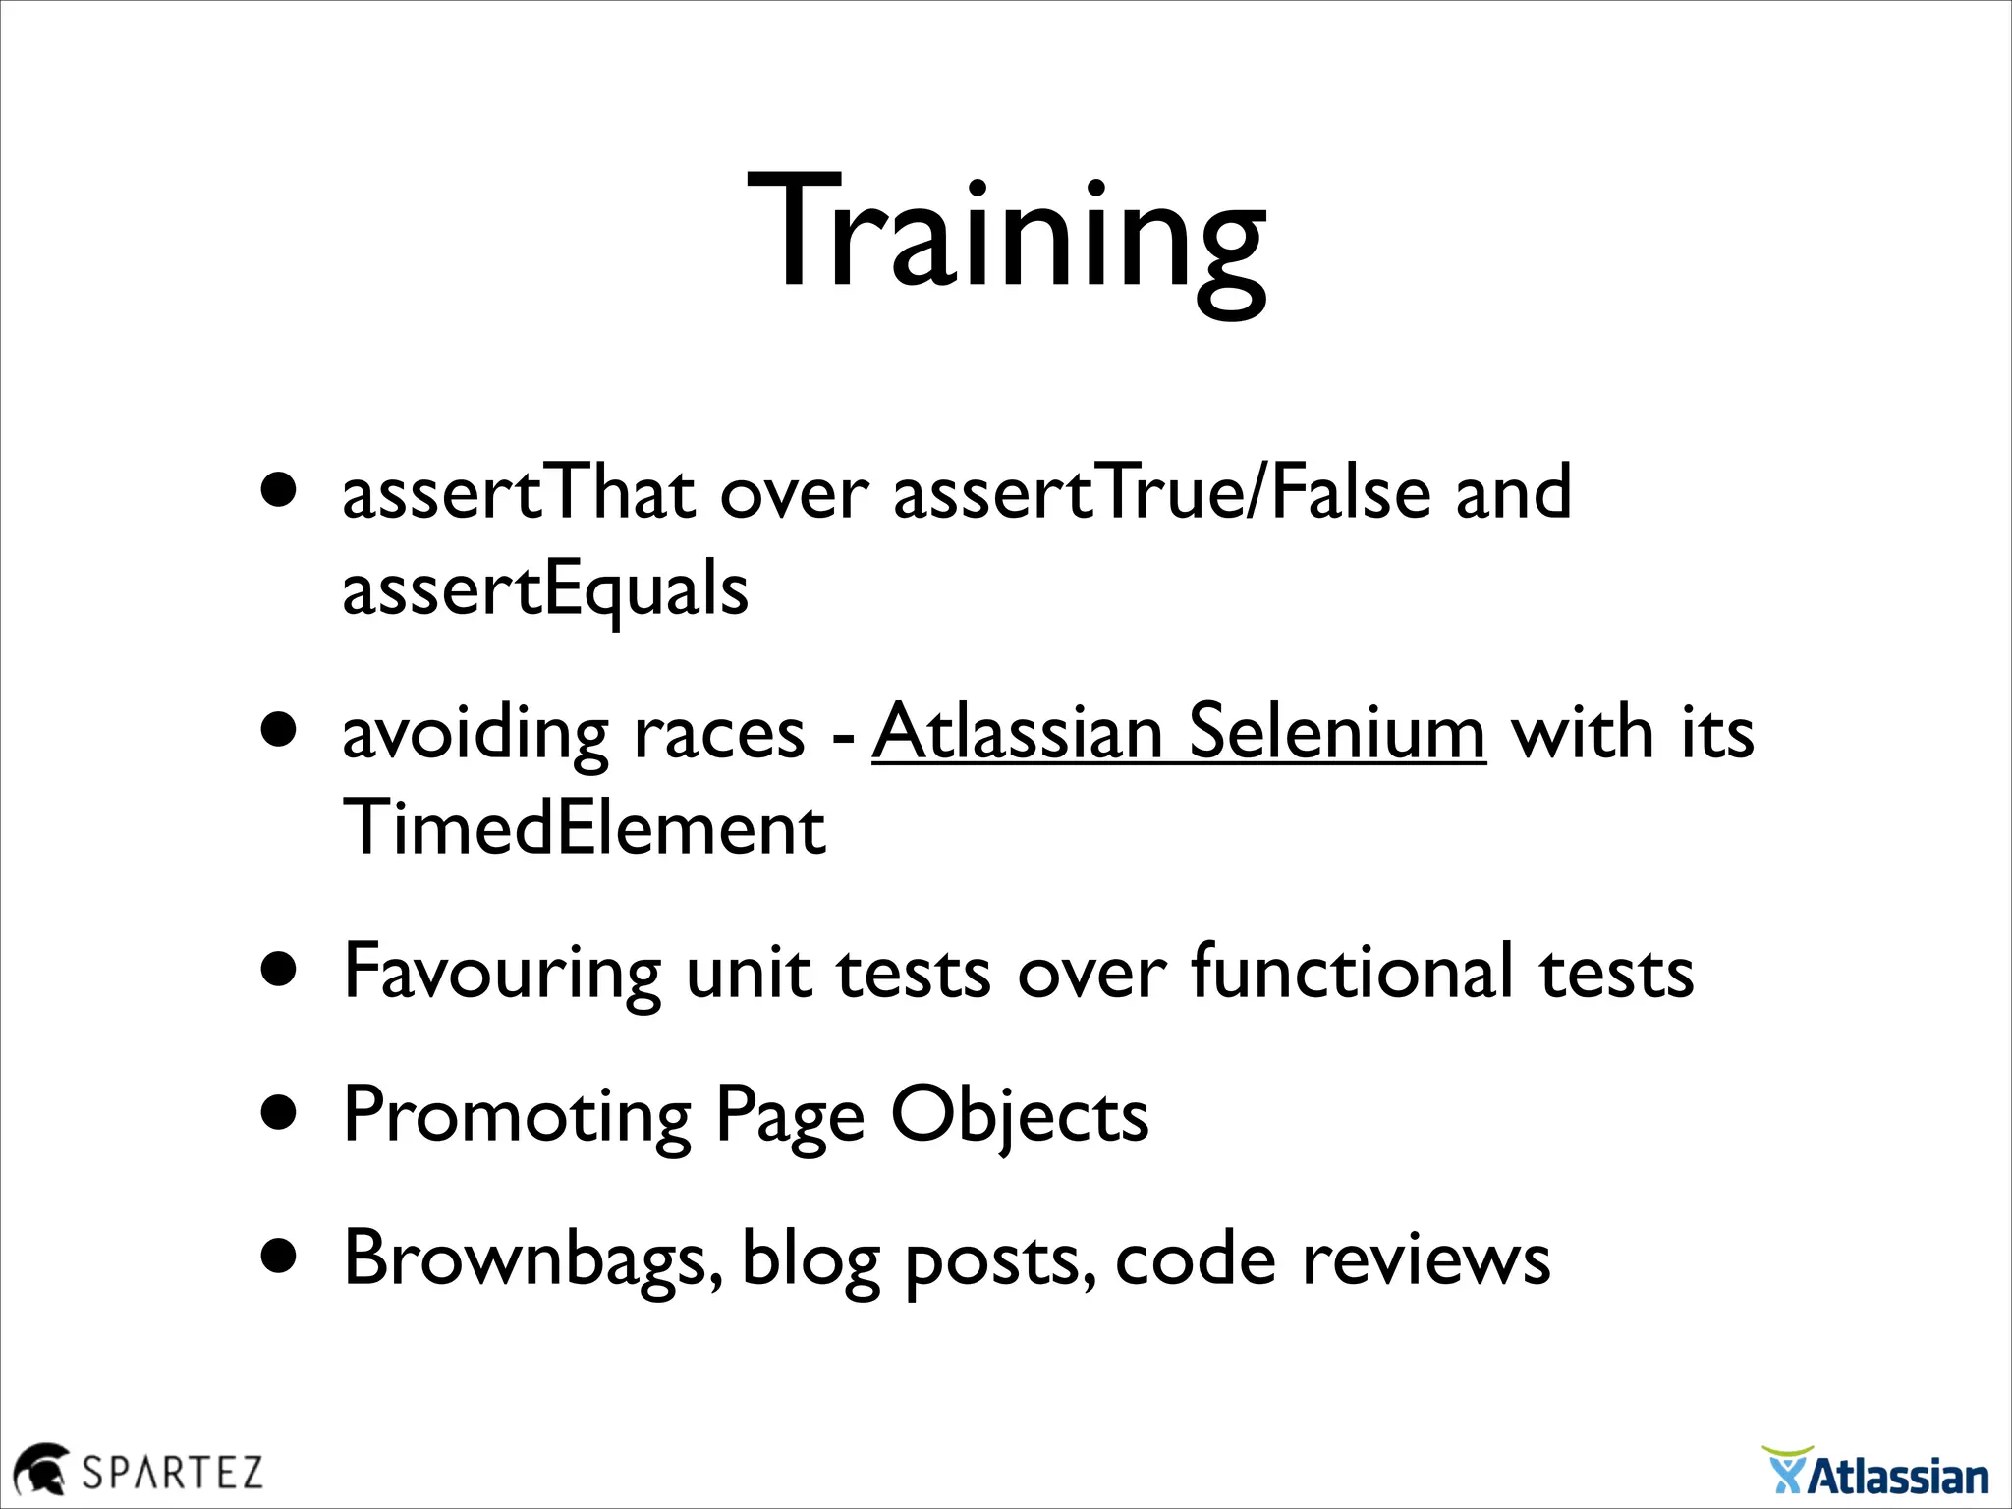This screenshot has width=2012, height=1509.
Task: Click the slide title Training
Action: [x=1006, y=236]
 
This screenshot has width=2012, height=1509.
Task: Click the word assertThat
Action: [x=519, y=493]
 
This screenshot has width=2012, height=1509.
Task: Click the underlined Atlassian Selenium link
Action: [x=1178, y=733]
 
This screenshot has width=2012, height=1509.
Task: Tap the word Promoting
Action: [x=517, y=1116]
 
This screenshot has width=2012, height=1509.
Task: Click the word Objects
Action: [x=1019, y=1116]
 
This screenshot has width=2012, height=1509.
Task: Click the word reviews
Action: [x=1425, y=1260]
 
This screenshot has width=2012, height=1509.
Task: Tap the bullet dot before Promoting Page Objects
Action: [x=280, y=1113]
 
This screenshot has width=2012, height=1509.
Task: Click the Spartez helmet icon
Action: [x=40, y=1469]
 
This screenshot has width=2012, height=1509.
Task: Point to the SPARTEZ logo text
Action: [x=173, y=1473]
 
